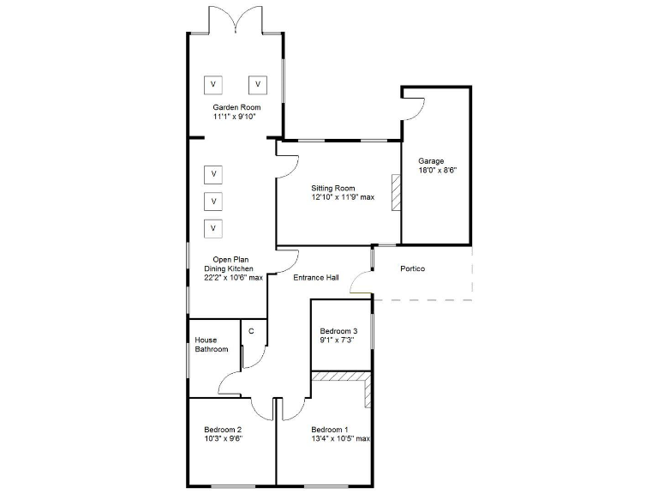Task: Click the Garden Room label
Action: pyautogui.click(x=236, y=107)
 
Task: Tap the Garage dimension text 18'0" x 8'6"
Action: pyautogui.click(x=437, y=170)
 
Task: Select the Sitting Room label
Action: pyautogui.click(x=333, y=188)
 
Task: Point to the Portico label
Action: pyautogui.click(x=413, y=268)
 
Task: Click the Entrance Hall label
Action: pyautogui.click(x=316, y=278)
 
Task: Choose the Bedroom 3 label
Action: pyautogui.click(x=338, y=331)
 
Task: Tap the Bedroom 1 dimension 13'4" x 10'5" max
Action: pyautogui.click(x=340, y=439)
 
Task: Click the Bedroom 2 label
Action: pyautogui.click(x=223, y=430)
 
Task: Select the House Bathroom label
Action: pyautogui.click(x=211, y=345)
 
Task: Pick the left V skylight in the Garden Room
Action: pyautogui.click(x=212, y=85)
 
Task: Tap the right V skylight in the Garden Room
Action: pyautogui.click(x=258, y=85)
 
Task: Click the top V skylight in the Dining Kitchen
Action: pyautogui.click(x=213, y=175)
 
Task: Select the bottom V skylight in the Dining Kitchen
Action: pyautogui.click(x=213, y=228)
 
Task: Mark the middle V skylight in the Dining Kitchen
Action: pyautogui.click(x=213, y=202)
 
